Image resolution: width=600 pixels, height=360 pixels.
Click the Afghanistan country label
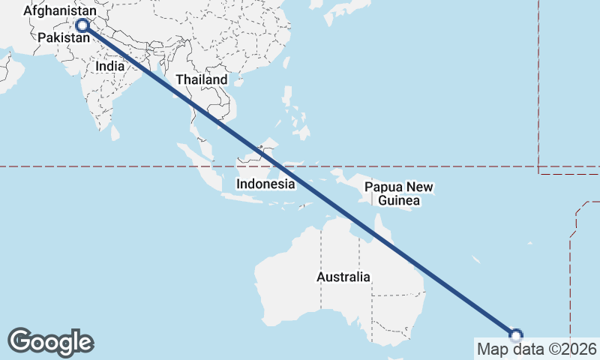[60, 11]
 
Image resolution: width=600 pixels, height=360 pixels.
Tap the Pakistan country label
[59, 37]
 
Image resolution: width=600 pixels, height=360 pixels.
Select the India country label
[109, 65]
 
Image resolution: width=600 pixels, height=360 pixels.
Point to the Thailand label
[201, 79]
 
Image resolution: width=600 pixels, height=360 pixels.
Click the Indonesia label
[265, 184]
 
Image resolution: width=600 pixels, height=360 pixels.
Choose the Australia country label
[343, 277]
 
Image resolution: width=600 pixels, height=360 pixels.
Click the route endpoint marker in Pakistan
[82, 25]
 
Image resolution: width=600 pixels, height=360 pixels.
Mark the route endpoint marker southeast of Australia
[516, 335]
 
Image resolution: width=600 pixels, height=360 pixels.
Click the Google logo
[50, 341]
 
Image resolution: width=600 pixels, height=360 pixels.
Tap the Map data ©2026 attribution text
[537, 349]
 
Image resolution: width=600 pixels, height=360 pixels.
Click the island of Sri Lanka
[115, 133]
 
